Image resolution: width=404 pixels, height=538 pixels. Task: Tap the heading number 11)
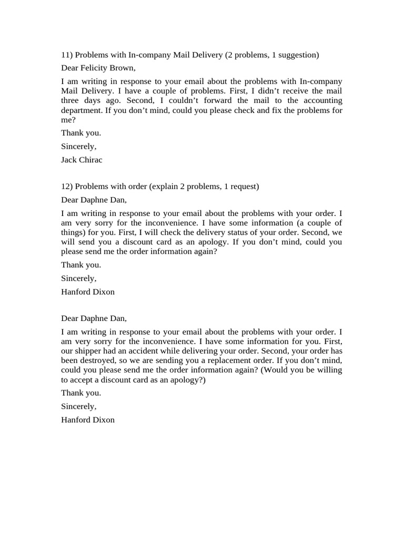click(67, 55)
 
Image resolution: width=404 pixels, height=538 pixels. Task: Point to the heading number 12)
click(67, 187)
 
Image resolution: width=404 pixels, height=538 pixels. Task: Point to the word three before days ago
click(71, 100)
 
